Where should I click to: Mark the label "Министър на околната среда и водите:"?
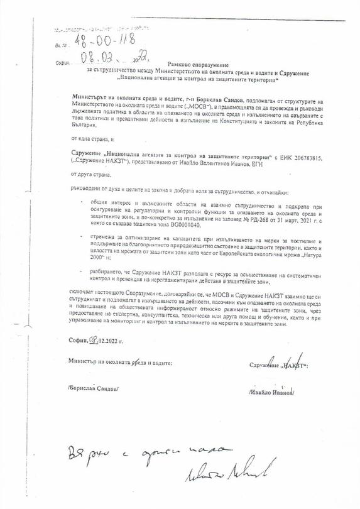(x=120, y=363)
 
